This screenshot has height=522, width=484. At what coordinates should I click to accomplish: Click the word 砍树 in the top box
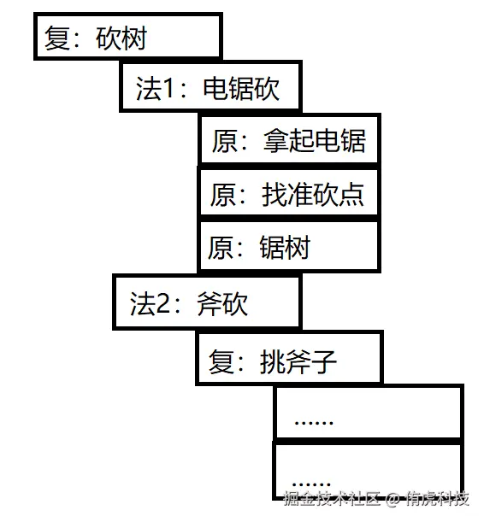pyautogui.click(x=121, y=38)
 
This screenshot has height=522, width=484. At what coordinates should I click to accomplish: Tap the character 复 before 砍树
pyautogui.click(x=57, y=38)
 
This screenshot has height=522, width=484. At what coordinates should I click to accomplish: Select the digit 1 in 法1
pyautogui.click(x=168, y=88)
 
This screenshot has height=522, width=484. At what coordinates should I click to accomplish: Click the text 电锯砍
pyautogui.click(x=241, y=88)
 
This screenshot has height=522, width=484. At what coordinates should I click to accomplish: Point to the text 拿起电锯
pyautogui.click(x=315, y=140)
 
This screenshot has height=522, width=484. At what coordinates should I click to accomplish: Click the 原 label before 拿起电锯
pyautogui.click(x=225, y=140)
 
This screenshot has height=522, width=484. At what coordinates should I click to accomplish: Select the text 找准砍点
pyautogui.click(x=312, y=195)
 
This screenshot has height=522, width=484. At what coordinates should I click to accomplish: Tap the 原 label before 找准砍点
pyautogui.click(x=223, y=195)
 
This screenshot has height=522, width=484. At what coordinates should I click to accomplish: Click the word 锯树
pyautogui.click(x=285, y=247)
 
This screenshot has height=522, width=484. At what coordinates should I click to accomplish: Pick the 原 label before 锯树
pyautogui.click(x=221, y=247)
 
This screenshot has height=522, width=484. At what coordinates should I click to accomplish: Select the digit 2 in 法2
pyautogui.click(x=162, y=303)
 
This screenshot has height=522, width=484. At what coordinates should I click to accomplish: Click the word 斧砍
pyautogui.click(x=222, y=303)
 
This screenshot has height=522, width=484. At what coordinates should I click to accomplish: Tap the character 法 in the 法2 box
pyautogui.click(x=143, y=303)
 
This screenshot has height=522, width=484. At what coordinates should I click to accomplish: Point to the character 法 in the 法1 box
pyautogui.click(x=149, y=88)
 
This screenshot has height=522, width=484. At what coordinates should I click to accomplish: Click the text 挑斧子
pyautogui.click(x=298, y=361)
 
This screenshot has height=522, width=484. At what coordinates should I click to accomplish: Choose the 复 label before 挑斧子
pyautogui.click(x=221, y=361)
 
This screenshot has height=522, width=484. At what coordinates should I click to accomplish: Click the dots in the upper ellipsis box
pyautogui.click(x=314, y=423)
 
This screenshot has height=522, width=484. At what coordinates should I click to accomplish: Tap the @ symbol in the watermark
pyautogui.click(x=393, y=498)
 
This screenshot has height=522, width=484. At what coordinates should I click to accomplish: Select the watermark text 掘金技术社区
pyautogui.click(x=332, y=498)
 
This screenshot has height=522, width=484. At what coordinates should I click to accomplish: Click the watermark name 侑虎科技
pyautogui.click(x=438, y=498)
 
